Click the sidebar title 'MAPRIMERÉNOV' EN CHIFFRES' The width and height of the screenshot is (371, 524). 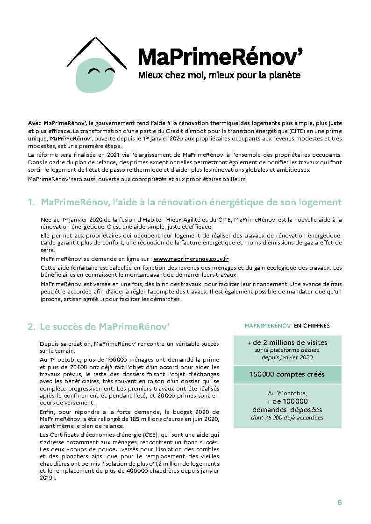(287, 326)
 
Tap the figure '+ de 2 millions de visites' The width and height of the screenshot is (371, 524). (287, 342)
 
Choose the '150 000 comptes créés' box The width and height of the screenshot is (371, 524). (287, 374)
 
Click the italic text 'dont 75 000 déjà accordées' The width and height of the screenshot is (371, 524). (287, 418)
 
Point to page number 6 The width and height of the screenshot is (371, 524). (339, 502)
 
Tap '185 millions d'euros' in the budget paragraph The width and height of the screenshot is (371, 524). (132, 419)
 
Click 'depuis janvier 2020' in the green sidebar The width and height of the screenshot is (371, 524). (287, 357)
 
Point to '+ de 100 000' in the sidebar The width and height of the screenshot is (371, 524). (287, 401)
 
